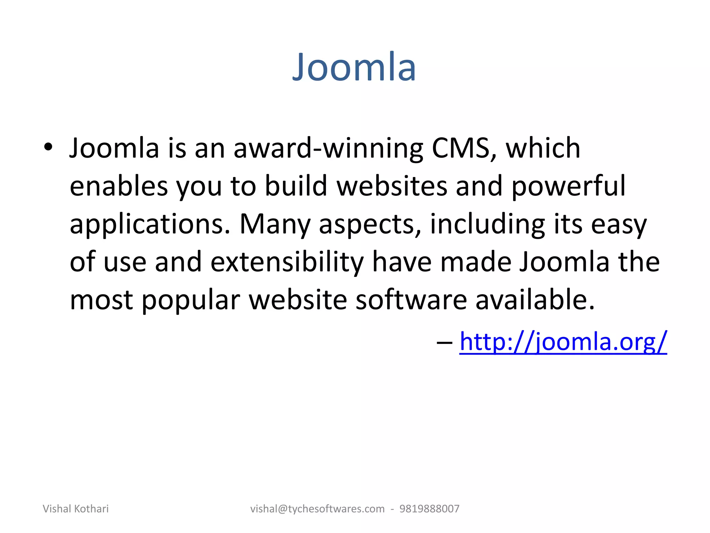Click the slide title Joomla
354,67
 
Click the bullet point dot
48,147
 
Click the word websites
392,186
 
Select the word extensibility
287,262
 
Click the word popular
191,301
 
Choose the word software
411,300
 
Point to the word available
535,300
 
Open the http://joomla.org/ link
563,342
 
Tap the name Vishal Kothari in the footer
76,509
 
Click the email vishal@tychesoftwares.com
317,509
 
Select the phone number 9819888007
429,509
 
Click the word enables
119,186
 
